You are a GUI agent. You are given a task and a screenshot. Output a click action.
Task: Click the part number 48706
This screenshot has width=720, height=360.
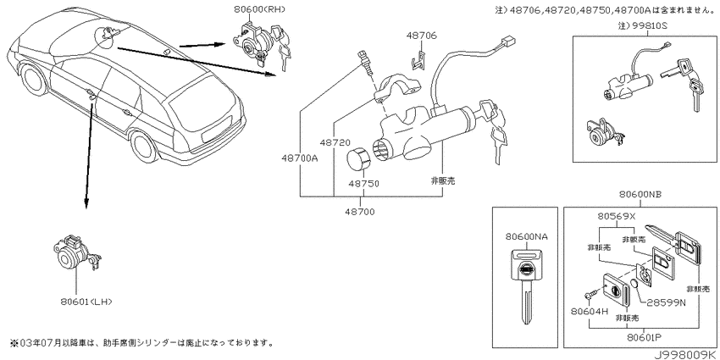(x=421, y=36)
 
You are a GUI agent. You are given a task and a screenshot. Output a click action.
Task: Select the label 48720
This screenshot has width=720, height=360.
(x=335, y=143)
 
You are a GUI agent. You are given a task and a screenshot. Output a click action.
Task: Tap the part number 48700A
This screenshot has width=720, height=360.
(x=302, y=158)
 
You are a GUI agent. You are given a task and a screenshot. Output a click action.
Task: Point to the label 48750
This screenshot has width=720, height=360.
(x=363, y=184)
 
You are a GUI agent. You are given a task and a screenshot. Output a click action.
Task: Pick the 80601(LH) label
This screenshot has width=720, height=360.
(x=86, y=302)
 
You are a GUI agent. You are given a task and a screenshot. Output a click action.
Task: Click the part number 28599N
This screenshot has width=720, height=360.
(x=667, y=302)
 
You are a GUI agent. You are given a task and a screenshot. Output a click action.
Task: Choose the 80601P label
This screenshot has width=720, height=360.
(x=642, y=337)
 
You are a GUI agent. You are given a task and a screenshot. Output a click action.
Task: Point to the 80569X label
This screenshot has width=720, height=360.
(x=616, y=216)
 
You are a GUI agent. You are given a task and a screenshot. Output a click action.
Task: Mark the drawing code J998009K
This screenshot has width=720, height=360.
(x=686, y=354)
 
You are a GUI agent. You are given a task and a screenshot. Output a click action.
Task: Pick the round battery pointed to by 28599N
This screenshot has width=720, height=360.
(x=634, y=284)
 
